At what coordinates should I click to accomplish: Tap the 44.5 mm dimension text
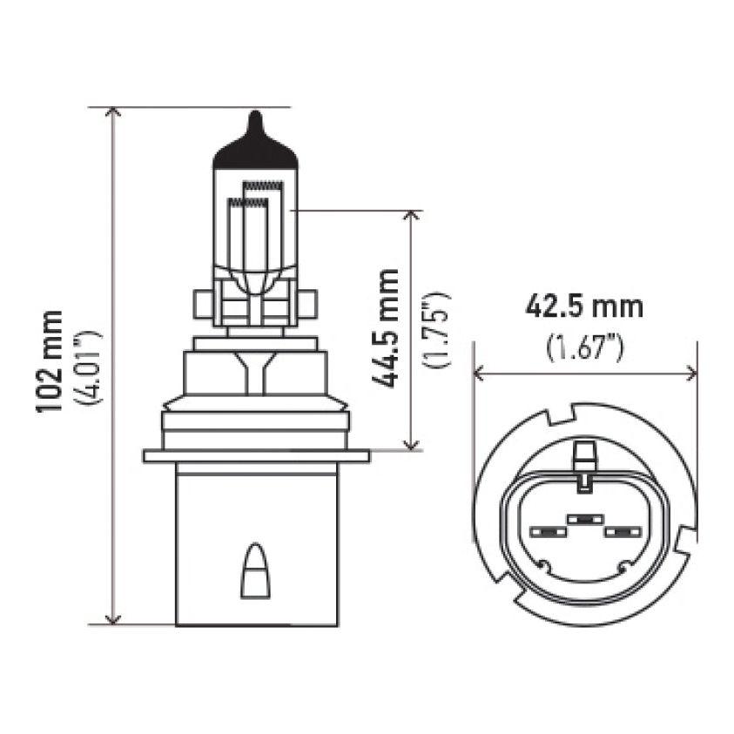tap(384, 328)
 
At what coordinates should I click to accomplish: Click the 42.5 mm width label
tap(584, 306)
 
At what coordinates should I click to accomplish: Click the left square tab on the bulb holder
tap(199, 306)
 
